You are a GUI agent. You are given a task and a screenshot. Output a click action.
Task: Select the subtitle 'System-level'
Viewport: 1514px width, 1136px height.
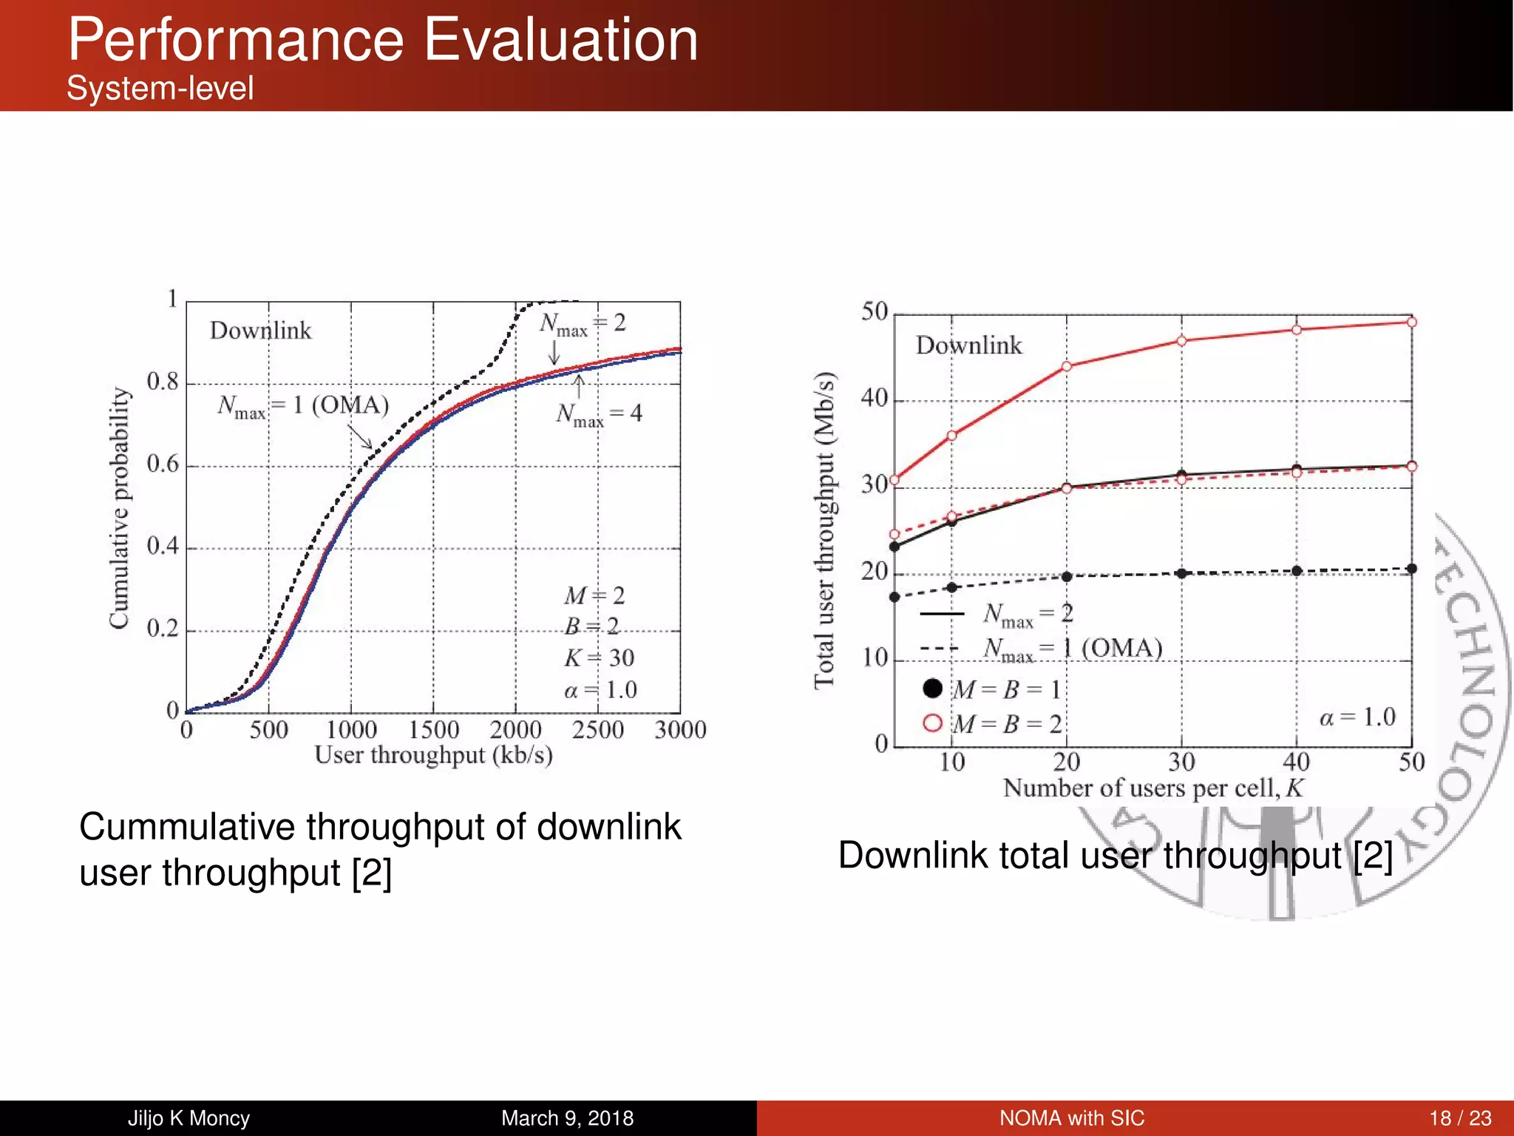(160, 89)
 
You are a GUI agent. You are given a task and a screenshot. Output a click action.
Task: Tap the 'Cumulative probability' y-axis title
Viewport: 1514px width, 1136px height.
(119, 507)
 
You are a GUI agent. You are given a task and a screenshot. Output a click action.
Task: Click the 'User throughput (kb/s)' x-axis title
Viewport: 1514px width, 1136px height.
(433, 755)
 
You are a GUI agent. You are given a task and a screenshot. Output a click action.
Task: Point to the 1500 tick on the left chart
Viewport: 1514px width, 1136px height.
(433, 730)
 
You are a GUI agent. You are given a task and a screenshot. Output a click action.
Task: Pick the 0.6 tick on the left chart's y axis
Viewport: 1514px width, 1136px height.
(163, 464)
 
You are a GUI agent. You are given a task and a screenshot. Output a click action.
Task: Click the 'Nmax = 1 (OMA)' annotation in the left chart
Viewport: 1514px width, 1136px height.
(303, 406)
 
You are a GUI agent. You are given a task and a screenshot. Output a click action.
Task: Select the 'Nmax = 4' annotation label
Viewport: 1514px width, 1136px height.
(599, 414)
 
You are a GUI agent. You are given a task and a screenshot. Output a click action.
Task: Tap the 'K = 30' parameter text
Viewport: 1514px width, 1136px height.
(600, 657)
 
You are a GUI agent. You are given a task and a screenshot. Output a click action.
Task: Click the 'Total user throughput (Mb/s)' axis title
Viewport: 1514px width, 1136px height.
(824, 530)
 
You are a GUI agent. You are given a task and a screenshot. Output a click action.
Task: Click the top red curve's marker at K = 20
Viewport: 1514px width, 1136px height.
(1067, 366)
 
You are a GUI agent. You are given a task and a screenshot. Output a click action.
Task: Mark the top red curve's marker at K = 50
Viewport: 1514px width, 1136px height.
(1411, 322)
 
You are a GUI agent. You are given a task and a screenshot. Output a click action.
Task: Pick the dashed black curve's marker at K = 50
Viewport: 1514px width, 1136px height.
(1411, 569)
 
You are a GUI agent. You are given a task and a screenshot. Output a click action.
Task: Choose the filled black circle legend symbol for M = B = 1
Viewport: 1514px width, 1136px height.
(933, 689)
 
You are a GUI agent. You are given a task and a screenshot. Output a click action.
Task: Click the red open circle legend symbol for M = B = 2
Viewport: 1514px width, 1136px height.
(933, 723)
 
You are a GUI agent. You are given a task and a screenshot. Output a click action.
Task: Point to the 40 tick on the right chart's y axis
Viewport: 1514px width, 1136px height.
(874, 399)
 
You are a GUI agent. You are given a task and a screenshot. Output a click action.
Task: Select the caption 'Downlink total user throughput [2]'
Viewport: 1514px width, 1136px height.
(1115, 856)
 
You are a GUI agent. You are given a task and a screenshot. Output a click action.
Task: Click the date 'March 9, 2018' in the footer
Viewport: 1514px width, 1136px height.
(567, 1118)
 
